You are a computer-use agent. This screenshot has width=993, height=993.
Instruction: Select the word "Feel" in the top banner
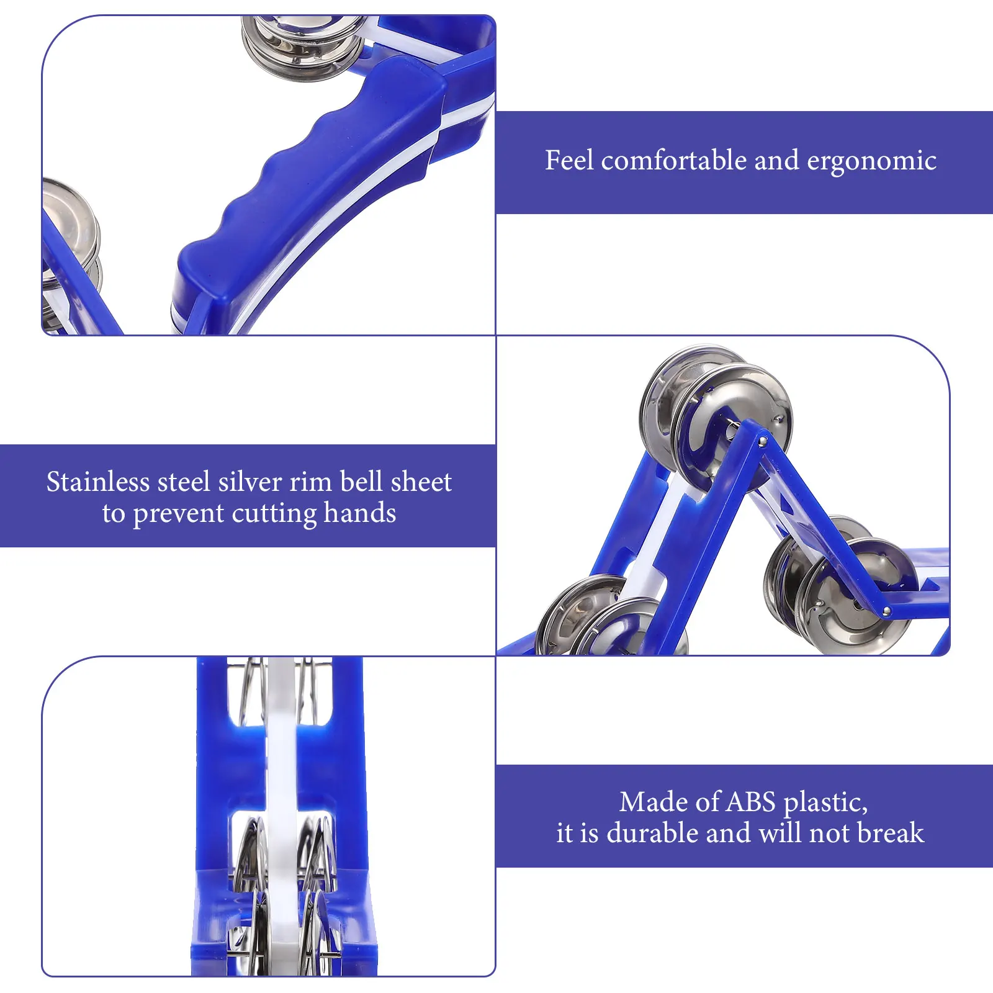569,160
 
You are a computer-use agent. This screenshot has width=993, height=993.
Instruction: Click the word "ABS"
751,802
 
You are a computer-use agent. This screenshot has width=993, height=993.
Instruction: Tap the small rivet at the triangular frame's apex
763,441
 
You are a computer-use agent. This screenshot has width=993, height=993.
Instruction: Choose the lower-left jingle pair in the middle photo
605,618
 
